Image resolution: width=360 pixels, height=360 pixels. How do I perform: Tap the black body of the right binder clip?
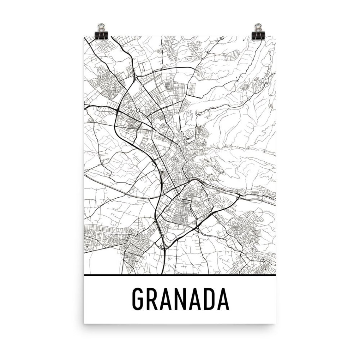click(258, 33)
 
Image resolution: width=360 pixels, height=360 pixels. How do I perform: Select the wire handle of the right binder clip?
click(258, 27)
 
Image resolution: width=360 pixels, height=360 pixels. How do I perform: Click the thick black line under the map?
click(180, 275)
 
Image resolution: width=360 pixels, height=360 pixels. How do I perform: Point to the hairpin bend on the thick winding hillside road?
click(197, 113)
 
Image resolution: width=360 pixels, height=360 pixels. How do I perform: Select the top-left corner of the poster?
click(84, 37)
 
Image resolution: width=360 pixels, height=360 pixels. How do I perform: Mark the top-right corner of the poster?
click(276, 37)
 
